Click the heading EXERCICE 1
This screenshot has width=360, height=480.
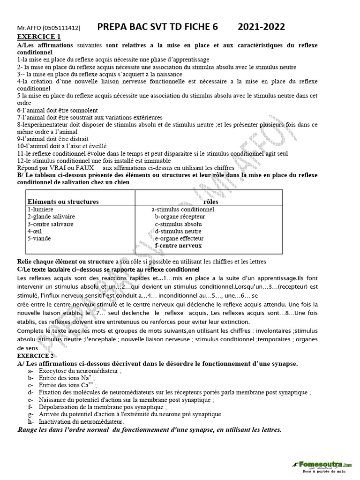39,37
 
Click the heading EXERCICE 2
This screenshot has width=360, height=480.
39,356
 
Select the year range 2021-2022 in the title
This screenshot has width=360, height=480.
261,27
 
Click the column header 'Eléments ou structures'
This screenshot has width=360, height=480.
63,202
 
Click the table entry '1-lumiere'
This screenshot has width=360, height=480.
40,209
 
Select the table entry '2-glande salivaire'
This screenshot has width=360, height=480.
51,217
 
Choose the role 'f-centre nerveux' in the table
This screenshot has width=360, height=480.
178,245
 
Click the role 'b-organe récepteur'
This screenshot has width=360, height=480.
180,217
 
